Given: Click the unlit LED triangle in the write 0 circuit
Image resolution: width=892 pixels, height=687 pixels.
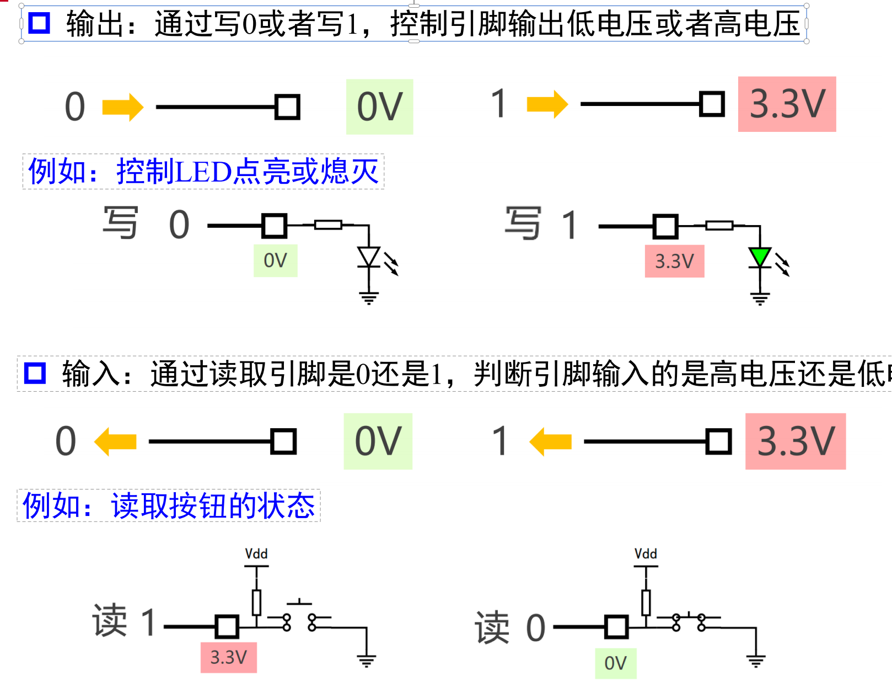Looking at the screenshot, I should click(368, 257).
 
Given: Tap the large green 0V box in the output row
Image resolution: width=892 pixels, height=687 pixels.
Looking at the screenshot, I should click(379, 106).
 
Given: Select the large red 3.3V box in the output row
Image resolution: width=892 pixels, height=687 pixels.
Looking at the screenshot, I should click(787, 104).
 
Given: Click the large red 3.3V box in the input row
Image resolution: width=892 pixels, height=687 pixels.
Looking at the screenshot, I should click(795, 441).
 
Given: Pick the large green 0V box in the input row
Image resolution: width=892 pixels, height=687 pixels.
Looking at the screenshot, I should click(378, 441).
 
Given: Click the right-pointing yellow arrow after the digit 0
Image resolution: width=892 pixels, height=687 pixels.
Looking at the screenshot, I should click(123, 106).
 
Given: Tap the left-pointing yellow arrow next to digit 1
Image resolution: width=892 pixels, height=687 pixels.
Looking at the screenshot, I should click(550, 441).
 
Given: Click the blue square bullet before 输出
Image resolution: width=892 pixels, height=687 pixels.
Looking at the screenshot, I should click(39, 23).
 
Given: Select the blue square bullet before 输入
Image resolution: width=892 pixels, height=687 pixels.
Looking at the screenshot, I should click(35, 373).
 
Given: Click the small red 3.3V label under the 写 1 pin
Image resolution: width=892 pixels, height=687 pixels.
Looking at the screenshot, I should click(674, 261).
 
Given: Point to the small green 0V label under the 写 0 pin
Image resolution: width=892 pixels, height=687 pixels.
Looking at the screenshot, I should click(275, 260).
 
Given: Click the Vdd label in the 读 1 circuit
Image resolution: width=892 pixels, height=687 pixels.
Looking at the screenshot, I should click(256, 553).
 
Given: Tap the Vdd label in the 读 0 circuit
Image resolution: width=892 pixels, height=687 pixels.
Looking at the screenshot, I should click(646, 553).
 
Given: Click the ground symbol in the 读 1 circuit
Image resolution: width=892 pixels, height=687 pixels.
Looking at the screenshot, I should click(366, 660).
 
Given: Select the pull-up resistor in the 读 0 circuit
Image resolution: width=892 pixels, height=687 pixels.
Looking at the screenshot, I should click(646, 603).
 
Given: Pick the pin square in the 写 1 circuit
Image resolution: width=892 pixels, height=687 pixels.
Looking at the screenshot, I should click(665, 226).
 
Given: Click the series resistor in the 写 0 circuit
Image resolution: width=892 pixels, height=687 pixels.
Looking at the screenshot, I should click(328, 225).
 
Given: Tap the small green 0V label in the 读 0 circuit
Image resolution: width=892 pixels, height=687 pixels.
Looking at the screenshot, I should click(615, 663).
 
